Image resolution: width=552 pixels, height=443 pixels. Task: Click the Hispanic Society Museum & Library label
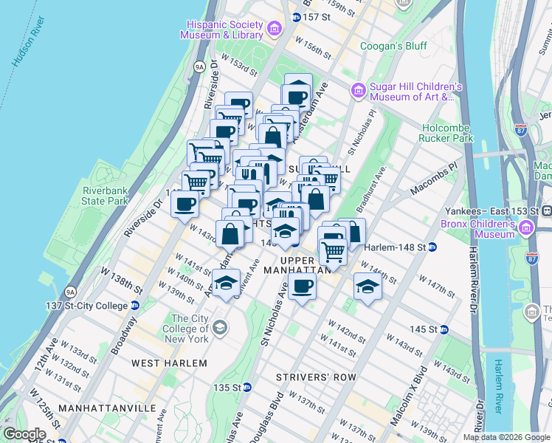coord(225,29)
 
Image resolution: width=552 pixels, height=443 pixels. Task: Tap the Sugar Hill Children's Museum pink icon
coord(359,90)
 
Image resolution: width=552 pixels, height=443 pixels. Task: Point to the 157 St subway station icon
coord(296,17)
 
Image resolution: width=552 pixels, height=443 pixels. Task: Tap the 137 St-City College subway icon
coord(135,306)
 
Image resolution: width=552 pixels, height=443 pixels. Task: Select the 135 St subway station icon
coord(248,387)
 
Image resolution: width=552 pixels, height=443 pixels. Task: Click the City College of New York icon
coord(219,327)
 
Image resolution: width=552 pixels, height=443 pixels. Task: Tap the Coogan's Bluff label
coord(393,46)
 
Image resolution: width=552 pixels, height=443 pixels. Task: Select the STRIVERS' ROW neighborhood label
coord(316,377)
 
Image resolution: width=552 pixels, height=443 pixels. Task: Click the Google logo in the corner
coord(24,434)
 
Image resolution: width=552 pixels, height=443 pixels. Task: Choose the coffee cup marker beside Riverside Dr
coord(184,204)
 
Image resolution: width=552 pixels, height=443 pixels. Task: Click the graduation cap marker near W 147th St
coord(367,286)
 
